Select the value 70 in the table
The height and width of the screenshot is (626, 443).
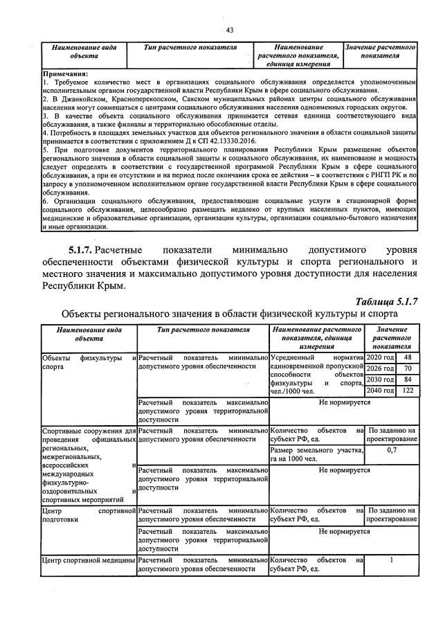click(x=407, y=368)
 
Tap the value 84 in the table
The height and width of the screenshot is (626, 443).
click(x=407, y=379)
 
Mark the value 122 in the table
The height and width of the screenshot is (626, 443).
click(x=407, y=391)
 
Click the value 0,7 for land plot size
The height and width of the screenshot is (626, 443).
click(x=392, y=450)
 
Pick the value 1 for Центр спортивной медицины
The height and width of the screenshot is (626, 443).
click(x=392, y=560)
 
